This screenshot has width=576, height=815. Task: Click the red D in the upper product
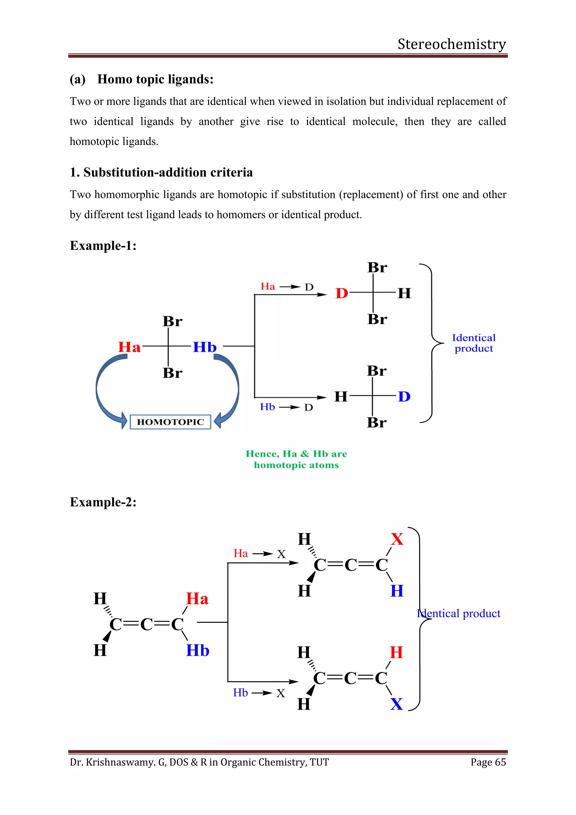coord(341,293)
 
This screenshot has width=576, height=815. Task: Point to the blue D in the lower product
coord(404,397)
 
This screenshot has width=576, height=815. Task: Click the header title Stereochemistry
coord(451,44)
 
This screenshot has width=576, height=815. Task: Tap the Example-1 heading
coord(103,246)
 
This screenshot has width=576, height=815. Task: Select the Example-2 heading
coord(103,502)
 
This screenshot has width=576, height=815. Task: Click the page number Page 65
coord(488,762)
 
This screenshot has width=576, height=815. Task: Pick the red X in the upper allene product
coord(397,539)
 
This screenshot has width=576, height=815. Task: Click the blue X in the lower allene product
coord(396,704)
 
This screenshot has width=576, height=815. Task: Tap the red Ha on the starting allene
coord(197,599)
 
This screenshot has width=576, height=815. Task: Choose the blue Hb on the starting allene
coord(197,650)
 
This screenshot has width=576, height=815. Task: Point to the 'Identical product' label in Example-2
coord(459,614)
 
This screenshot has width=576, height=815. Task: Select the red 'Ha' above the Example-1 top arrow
coord(268,286)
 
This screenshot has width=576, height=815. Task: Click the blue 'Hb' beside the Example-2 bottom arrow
coord(240,693)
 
